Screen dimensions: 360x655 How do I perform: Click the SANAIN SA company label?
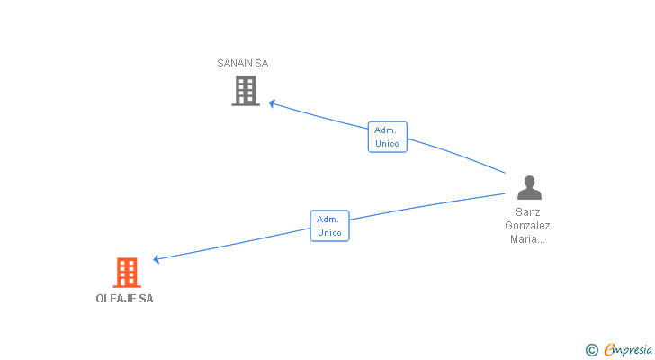click(x=242, y=63)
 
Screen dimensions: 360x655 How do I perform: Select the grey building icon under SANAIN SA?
click(x=246, y=91)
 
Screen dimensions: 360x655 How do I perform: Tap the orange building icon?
click(x=127, y=272)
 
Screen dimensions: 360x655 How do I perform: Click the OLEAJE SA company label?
click(x=124, y=299)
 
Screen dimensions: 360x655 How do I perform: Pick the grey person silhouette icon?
click(x=529, y=188)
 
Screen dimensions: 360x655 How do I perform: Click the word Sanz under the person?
click(x=528, y=213)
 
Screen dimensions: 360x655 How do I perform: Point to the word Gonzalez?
click(x=527, y=226)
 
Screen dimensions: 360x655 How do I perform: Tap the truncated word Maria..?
click(x=527, y=238)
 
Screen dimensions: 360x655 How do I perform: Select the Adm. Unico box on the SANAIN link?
click(x=387, y=137)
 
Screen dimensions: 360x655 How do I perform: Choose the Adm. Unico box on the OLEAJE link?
click(x=329, y=226)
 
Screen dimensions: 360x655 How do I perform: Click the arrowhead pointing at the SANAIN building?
click(x=272, y=103)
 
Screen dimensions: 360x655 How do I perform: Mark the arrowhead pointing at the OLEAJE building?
click(x=157, y=259)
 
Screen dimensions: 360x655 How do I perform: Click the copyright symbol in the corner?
click(x=592, y=349)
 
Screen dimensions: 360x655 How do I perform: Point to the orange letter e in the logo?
click(x=610, y=349)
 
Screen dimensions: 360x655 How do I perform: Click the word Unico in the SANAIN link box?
click(x=387, y=144)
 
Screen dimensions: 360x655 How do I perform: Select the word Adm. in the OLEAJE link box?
click(x=327, y=219)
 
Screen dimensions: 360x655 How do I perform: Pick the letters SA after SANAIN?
click(x=261, y=63)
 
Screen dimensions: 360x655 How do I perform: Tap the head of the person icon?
click(x=529, y=182)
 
